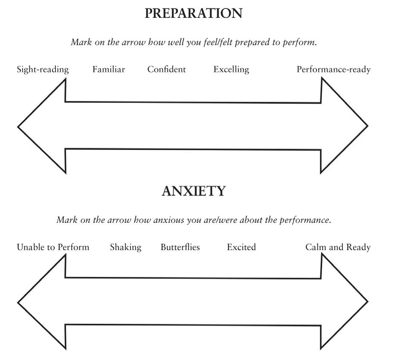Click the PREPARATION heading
tap(193, 13)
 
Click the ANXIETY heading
tap(193, 191)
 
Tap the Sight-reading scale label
tap(43, 69)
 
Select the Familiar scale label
tap(109, 69)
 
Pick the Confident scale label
tap(167, 69)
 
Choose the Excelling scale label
tap(231, 69)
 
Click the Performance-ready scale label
tap(334, 69)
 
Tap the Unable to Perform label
tap(53, 247)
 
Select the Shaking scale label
tap(126, 247)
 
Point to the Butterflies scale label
tap(180, 247)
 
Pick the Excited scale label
tap(241, 247)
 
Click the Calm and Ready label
tap(338, 247)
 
